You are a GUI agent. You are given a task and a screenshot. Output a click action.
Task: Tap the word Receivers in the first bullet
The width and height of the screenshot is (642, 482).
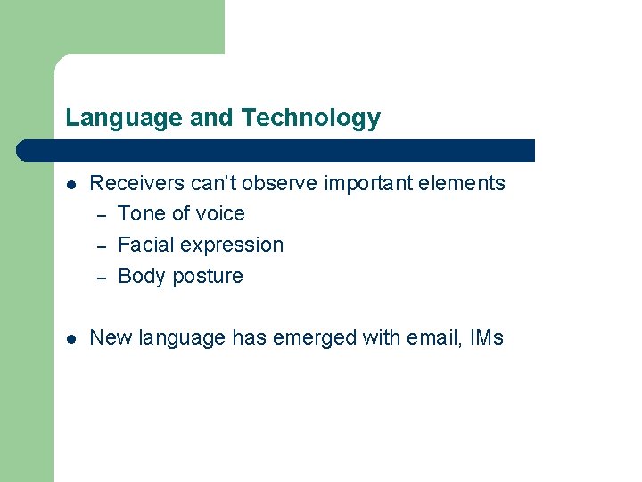[x=137, y=184]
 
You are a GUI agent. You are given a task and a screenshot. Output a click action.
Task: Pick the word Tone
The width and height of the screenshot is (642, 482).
[x=141, y=214]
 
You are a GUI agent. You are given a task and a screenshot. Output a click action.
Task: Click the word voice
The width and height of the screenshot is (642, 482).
[x=219, y=214]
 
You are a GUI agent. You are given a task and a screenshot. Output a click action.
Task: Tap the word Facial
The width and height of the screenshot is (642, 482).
[x=145, y=245]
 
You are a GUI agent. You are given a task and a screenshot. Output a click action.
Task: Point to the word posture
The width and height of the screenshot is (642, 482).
[x=208, y=277]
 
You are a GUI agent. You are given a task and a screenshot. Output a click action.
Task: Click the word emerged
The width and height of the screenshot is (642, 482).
[x=318, y=338]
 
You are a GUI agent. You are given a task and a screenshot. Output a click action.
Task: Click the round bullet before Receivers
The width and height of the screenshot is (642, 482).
[x=71, y=185]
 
